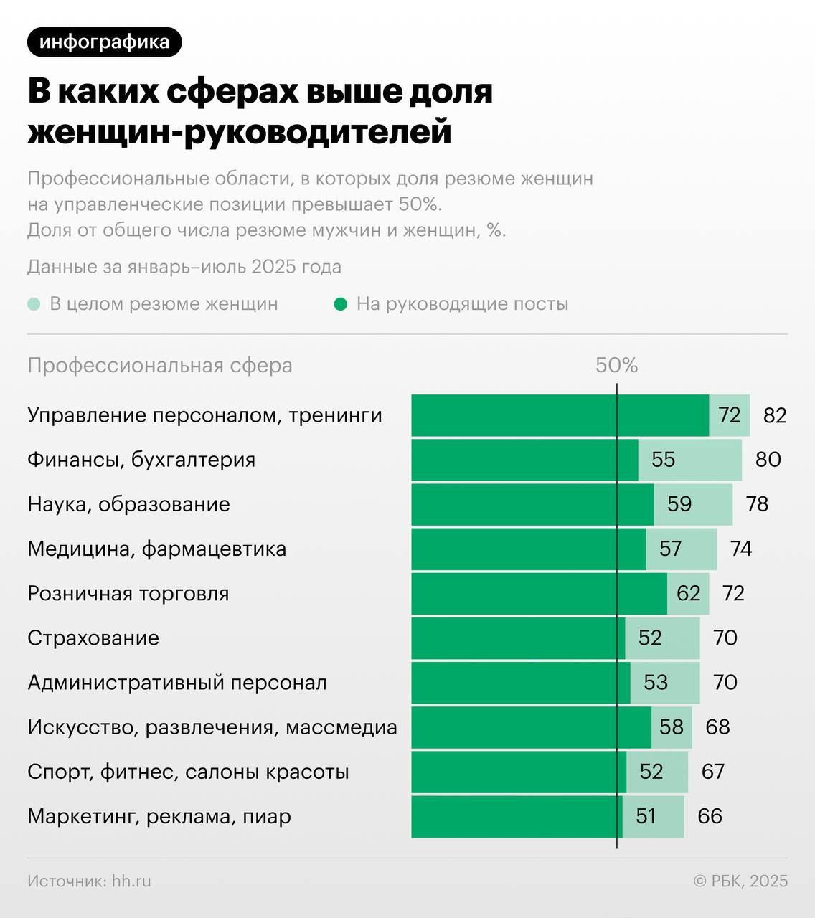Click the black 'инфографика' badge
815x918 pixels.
[x=104, y=42]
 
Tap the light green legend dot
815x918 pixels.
[x=34, y=304]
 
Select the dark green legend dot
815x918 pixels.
[x=341, y=304]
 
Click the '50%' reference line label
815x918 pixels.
[x=616, y=366]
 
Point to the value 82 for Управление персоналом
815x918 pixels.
[x=775, y=415]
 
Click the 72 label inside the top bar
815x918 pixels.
[x=729, y=415]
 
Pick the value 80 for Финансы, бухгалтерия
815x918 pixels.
[x=768, y=460]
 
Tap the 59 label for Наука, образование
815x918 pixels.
[x=679, y=504]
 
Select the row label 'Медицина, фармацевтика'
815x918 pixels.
[x=156, y=549]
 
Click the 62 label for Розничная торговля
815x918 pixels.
[x=688, y=593]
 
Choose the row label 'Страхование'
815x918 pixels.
[x=93, y=638]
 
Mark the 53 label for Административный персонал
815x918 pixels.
[x=655, y=682]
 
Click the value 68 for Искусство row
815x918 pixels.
[x=717, y=727]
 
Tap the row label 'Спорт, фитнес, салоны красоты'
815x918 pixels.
[x=188, y=772]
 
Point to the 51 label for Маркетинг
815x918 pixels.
[x=646, y=816]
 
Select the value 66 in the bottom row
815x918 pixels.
[x=710, y=816]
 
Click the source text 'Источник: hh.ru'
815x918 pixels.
[x=89, y=881]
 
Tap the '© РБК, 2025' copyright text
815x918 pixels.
[x=740, y=881]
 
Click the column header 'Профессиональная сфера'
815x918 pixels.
[x=159, y=366]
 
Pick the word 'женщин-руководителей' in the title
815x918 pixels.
[x=240, y=132]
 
